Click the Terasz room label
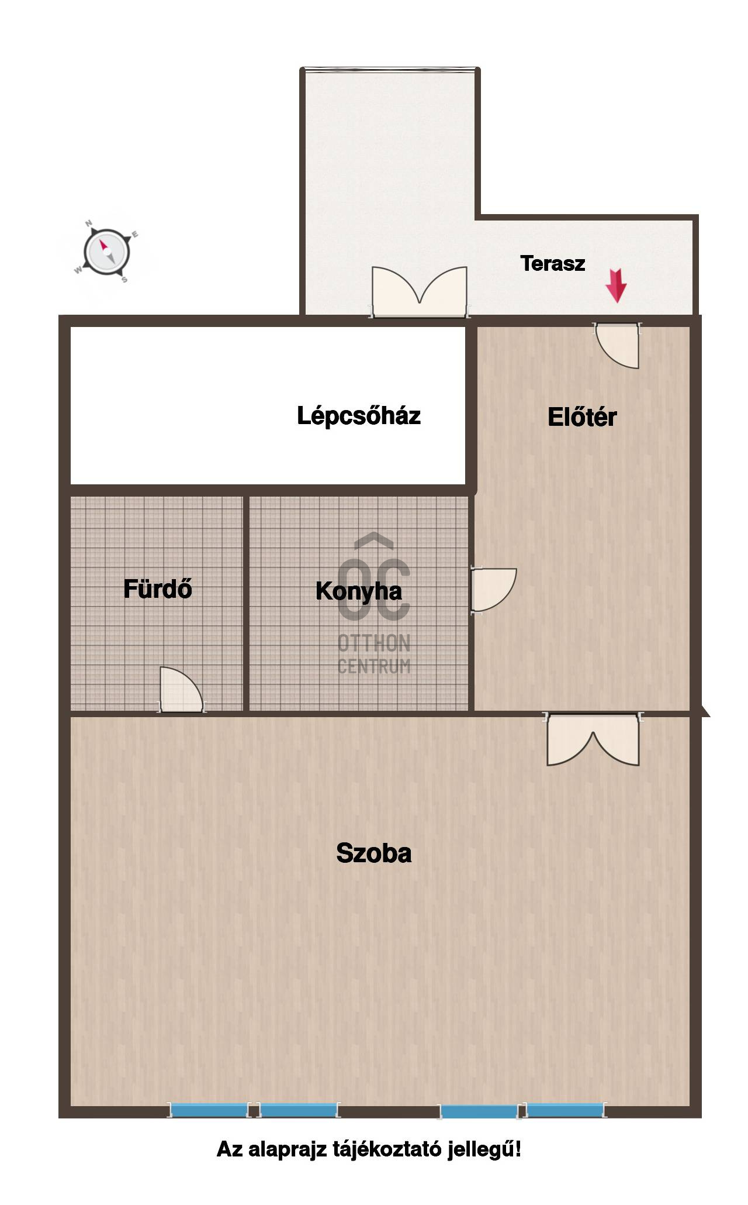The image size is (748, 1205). pyautogui.click(x=552, y=263)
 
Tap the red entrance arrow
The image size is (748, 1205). pyautogui.click(x=616, y=285)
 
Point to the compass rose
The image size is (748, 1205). pyautogui.click(x=106, y=252)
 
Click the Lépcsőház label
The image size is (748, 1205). pyautogui.click(x=359, y=415)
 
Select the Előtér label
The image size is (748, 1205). pyautogui.click(x=582, y=417)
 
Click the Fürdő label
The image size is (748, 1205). pyautogui.click(x=158, y=588)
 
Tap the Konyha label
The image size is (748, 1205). pyautogui.click(x=359, y=591)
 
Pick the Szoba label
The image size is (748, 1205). pyautogui.click(x=374, y=853)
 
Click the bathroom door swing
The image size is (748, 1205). pyautogui.click(x=181, y=690)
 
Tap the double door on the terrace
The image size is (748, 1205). pyautogui.click(x=420, y=292)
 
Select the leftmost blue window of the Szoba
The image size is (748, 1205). pyautogui.click(x=209, y=1110)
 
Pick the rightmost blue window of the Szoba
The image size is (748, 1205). pyautogui.click(x=565, y=1110)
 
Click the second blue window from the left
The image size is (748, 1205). pyautogui.click(x=299, y=1110)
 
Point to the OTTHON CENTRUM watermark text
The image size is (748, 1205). pyautogui.click(x=374, y=655)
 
